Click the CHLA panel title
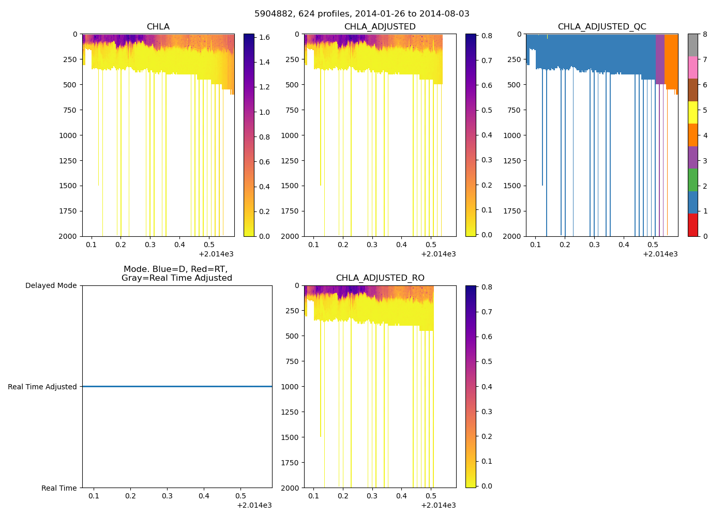point(158,27)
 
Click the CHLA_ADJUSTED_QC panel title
point(602,27)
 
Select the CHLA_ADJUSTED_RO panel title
point(380,278)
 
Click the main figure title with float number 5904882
point(362,14)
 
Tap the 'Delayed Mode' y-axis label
point(51,285)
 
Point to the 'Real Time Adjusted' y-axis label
point(42,387)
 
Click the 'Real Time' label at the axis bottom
point(59,488)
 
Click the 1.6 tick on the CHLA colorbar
point(264,37)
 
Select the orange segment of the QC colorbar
point(692,135)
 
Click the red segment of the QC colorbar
point(692,225)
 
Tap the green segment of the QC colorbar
point(692,180)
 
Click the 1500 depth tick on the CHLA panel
point(67,186)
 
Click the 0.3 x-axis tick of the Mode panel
point(167,496)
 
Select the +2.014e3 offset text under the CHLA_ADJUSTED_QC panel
point(660,254)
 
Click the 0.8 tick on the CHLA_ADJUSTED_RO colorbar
point(487,287)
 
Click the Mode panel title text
point(176,273)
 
